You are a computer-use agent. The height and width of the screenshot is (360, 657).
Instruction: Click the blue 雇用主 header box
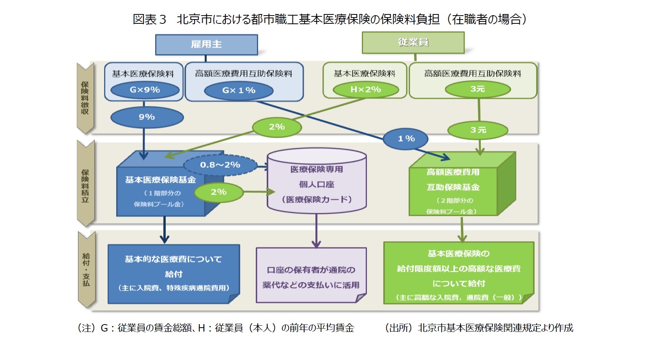(206, 44)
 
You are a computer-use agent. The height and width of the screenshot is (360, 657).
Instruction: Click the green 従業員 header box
(413, 43)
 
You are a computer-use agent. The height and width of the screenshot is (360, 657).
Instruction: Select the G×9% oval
(145, 90)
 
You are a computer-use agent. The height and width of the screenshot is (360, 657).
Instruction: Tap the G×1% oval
(239, 90)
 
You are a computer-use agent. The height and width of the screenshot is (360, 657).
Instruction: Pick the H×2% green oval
(365, 90)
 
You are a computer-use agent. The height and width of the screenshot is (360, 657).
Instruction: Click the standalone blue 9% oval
(147, 117)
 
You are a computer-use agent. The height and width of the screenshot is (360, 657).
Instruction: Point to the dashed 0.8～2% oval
(220, 165)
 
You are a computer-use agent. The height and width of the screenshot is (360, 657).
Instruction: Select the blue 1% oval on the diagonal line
(406, 138)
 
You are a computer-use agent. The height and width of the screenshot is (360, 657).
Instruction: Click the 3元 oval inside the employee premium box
(478, 89)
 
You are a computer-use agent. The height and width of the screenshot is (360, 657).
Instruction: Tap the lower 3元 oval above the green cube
(478, 130)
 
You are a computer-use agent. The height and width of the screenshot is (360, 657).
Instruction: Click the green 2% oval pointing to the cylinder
(219, 192)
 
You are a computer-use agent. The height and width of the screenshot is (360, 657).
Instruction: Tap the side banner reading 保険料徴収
(85, 98)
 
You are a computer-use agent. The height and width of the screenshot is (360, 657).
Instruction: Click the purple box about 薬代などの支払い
(311, 277)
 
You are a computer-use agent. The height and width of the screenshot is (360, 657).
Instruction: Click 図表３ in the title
(149, 19)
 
